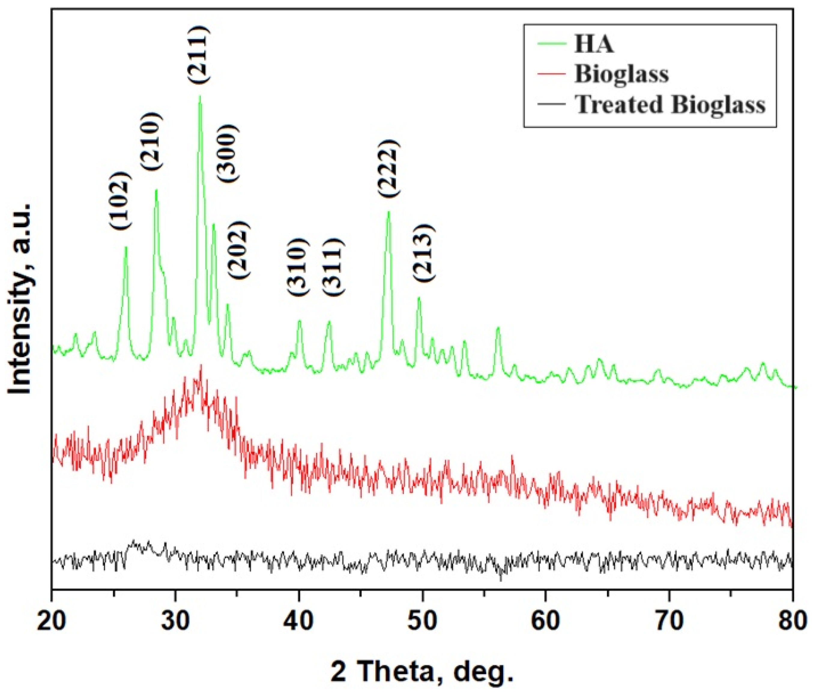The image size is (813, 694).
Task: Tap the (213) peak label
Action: coord(424,253)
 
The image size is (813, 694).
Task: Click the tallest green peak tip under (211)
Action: coord(200,97)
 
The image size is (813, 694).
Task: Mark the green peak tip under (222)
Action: coord(388,212)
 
